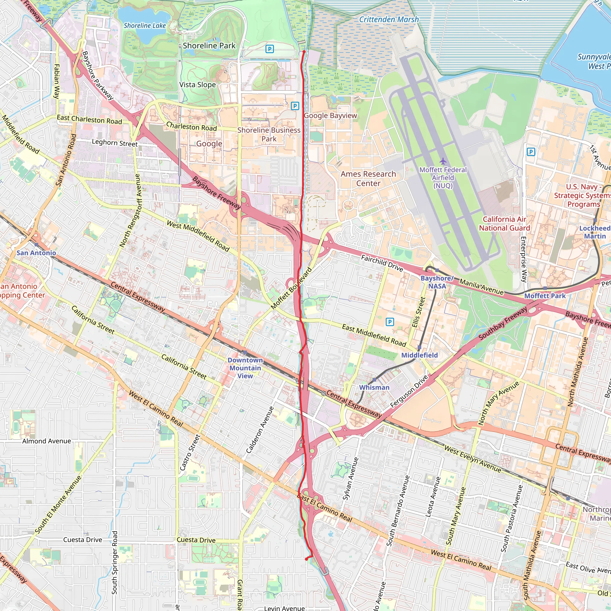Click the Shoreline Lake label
(144, 26)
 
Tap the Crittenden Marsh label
(389, 20)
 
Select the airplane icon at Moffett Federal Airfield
(443, 161)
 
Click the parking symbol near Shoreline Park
(269, 49)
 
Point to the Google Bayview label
(330, 116)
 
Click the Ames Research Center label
(368, 179)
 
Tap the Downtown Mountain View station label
(245, 368)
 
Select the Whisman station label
(374, 388)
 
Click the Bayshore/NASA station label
(437, 282)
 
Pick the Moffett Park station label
(544, 296)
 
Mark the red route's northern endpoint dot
(304, 51)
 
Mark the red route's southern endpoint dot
(306, 559)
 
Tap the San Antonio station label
(36, 253)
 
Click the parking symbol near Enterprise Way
(531, 152)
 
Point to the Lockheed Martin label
(595, 232)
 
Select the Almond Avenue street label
(47, 441)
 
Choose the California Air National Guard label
(504, 223)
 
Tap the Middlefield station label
(419, 355)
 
